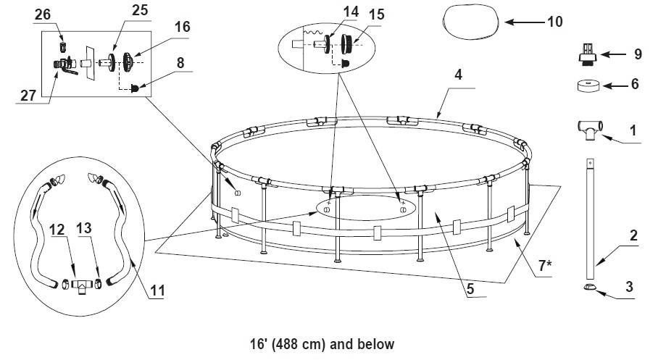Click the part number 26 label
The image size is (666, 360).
coord(43,14)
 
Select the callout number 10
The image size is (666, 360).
coord(554,22)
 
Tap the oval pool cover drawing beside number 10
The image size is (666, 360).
coord(470,22)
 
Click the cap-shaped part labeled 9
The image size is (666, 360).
coord(588,54)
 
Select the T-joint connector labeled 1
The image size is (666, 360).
coord(590,129)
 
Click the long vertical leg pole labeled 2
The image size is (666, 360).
coord(591,213)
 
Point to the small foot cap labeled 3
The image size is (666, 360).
coord(590,287)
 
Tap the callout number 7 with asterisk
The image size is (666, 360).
coord(545,265)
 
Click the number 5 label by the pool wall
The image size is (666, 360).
coord(470,289)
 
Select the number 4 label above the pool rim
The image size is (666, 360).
coord(458,75)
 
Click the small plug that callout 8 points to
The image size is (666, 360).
coord(135,88)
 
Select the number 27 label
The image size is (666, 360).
coord(28,96)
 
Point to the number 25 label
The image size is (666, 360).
coord(140,10)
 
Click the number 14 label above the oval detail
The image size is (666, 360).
coord(351,12)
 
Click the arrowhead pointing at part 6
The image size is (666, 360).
coord(607,86)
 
